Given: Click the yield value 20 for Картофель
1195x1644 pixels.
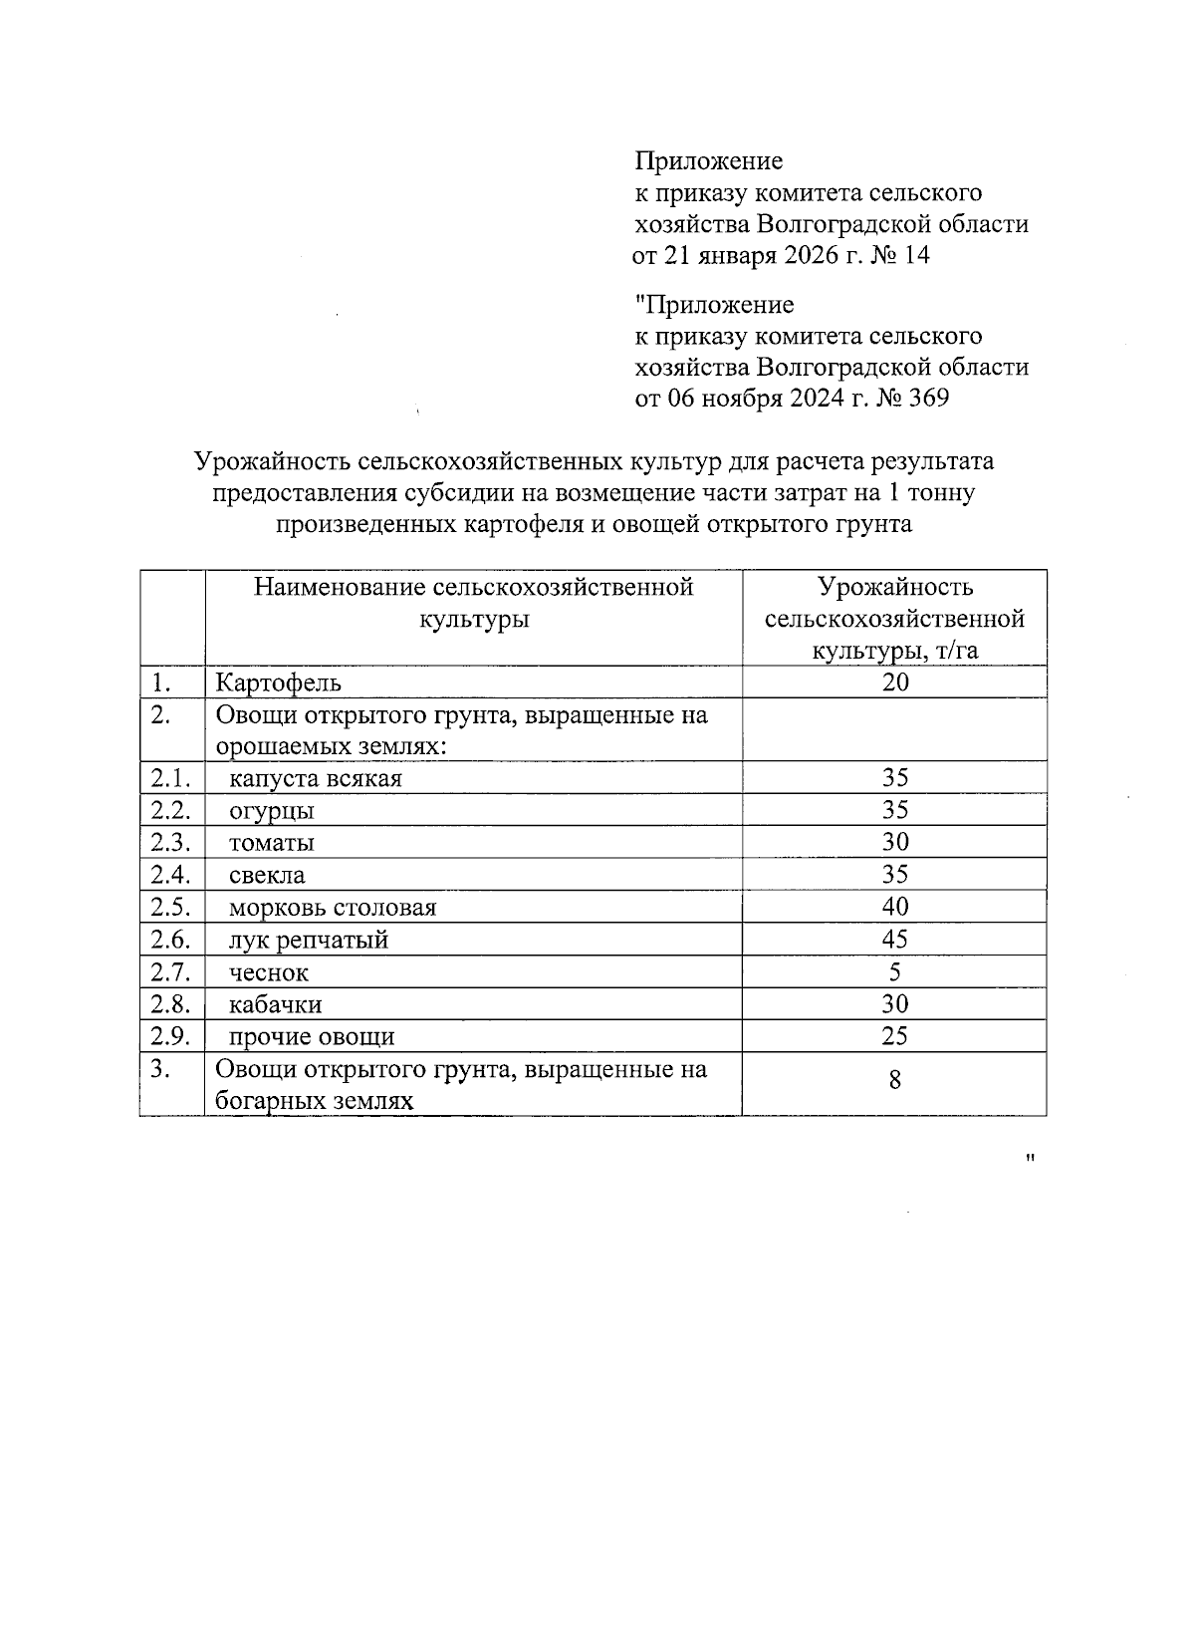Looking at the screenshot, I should pyautogui.click(x=894, y=682).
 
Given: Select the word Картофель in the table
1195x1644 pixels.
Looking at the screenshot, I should pyautogui.click(x=279, y=683).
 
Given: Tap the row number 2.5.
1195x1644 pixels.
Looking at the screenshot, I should pyautogui.click(x=170, y=907).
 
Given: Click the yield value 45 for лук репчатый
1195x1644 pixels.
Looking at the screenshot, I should pyautogui.click(x=894, y=939).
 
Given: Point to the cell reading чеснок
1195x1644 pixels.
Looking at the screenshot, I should pyautogui.click(x=269, y=972).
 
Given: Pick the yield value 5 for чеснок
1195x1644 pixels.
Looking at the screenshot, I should pyautogui.click(x=894, y=971).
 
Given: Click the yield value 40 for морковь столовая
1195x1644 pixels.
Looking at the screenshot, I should pyautogui.click(x=894, y=907).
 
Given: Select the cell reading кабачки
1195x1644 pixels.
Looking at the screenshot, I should pyautogui.click(x=275, y=1004).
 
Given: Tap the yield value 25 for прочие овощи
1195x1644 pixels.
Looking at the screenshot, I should pyautogui.click(x=894, y=1035).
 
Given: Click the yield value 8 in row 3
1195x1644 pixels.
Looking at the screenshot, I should pyautogui.click(x=894, y=1079).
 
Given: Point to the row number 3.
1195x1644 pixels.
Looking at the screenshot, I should pyautogui.click(x=161, y=1069).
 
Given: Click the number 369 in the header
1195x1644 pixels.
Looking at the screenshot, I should pyautogui.click(x=926, y=399).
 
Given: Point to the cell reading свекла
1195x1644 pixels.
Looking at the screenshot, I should pyautogui.click(x=267, y=876).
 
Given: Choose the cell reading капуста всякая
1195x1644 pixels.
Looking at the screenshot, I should pyautogui.click(x=315, y=778).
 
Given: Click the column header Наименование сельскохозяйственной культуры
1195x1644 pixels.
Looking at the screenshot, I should pyautogui.click(x=473, y=602).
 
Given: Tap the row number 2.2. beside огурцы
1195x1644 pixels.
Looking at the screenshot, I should pyautogui.click(x=170, y=809).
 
